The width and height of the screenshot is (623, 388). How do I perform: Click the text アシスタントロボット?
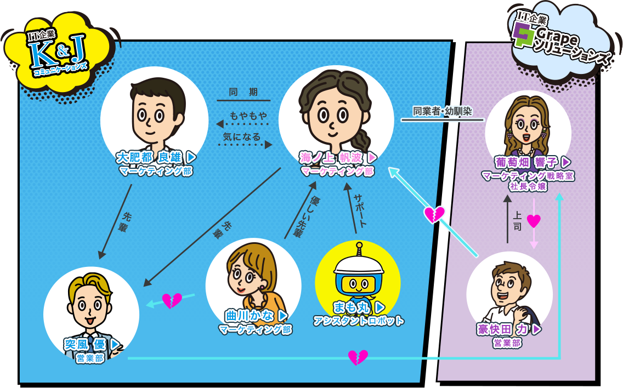point(358,321)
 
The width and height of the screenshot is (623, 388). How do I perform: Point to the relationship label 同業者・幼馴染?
point(442,111)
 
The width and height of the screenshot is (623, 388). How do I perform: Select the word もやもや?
point(248,116)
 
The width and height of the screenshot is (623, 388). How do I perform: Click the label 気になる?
point(241,136)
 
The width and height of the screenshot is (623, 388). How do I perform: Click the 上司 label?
point(517,221)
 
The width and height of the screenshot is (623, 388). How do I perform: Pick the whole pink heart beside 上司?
point(534,220)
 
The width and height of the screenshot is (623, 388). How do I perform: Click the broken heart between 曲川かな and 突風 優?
point(172,301)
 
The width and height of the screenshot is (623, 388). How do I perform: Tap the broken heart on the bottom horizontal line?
point(358,357)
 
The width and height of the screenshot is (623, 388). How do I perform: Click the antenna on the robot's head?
point(359,249)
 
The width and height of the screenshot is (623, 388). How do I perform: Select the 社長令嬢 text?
point(528,186)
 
